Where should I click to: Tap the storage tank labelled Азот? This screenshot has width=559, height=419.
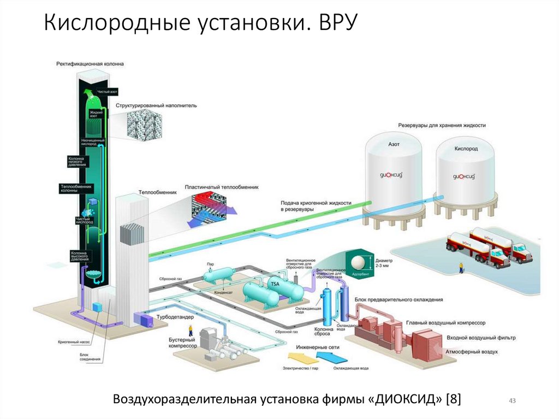[393, 175]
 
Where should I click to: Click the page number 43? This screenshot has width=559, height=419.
[512, 402]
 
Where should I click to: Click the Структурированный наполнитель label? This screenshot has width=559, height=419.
[156, 105]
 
